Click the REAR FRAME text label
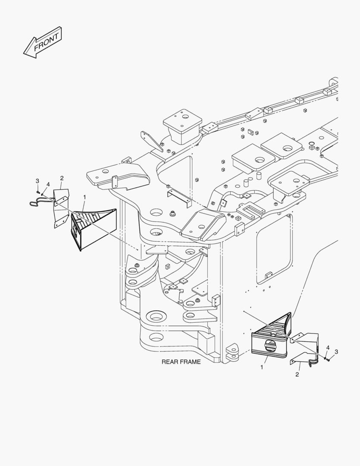[181, 362]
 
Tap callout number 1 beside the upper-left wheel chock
[85, 197]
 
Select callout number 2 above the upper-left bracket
[62, 178]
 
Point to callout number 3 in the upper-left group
[37, 180]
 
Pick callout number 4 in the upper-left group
[48, 184]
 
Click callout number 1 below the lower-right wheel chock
[261, 367]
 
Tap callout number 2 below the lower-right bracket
[297, 374]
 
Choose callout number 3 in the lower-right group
[336, 352]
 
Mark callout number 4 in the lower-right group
[328, 347]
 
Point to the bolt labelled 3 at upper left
[38, 192]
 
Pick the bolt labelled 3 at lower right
[328, 359]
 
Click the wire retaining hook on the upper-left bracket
[37, 202]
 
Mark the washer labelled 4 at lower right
[324, 356]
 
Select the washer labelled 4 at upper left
[43, 194]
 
